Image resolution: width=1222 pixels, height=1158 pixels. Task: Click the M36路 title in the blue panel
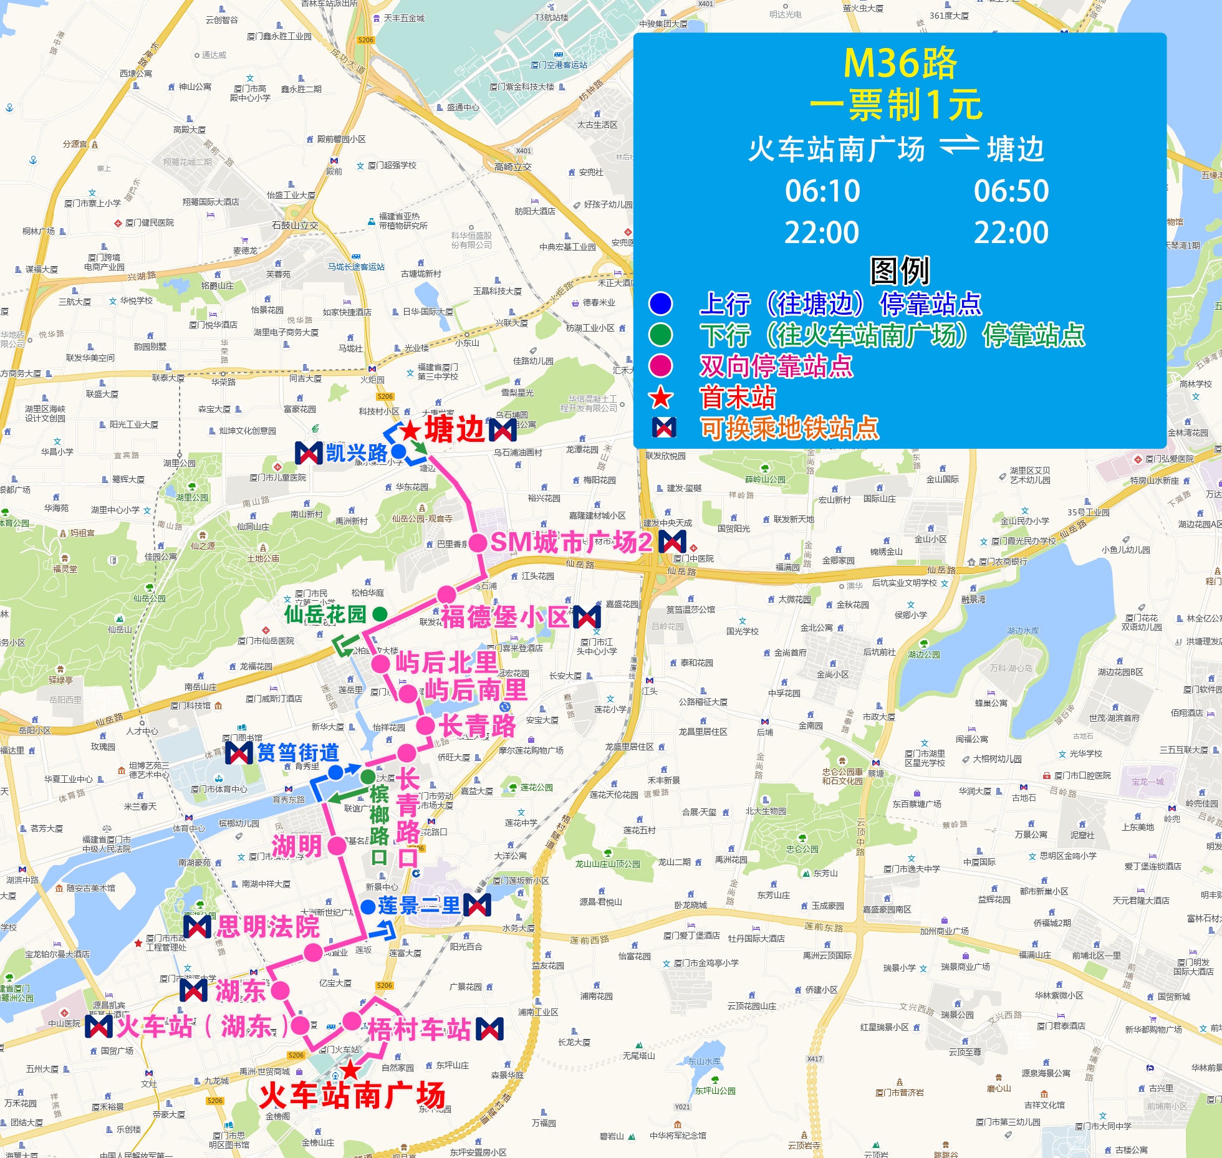900,64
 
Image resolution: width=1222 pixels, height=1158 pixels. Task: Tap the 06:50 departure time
1011,191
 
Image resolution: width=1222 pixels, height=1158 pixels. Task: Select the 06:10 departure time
822,191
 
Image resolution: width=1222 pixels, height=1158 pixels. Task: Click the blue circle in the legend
661,304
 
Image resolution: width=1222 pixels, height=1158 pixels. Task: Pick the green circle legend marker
661,335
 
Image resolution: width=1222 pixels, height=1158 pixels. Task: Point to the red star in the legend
661,397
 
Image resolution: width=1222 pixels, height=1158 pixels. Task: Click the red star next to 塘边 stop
410,430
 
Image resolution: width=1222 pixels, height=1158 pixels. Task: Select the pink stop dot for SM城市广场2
478,543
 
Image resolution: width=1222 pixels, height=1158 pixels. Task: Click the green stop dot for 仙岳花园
380,614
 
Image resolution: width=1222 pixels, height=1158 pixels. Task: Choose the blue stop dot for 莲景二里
368,906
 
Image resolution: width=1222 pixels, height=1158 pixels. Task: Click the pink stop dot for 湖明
337,846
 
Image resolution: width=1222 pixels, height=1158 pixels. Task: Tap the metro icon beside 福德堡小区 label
587,616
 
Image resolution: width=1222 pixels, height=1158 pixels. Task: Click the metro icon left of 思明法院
198,927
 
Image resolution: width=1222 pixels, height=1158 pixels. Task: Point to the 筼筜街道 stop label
298,753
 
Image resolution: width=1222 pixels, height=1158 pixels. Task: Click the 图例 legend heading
900,270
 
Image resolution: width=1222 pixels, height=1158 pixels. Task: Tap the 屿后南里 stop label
476,690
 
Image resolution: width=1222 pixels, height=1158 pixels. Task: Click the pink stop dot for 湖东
280,990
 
